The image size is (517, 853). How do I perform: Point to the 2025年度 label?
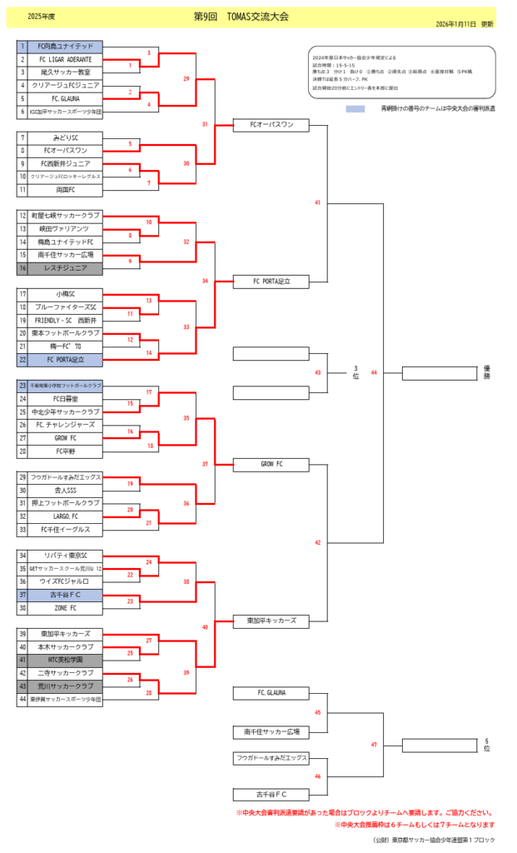41,17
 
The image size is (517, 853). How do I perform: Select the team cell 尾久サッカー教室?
66,72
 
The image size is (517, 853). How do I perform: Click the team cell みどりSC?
66,137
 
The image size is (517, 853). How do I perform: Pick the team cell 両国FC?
66,190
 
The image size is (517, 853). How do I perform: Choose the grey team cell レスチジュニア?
66,268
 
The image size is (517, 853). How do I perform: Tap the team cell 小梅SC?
66,294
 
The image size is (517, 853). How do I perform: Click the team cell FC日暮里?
66,399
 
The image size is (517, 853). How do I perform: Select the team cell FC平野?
66,451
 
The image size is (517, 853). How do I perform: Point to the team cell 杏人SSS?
66,491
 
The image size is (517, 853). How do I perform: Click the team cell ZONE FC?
66,608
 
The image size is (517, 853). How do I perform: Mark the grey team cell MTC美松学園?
66,660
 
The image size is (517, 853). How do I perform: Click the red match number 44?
374,372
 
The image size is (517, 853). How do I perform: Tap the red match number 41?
317,202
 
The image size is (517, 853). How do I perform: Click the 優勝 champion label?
487,372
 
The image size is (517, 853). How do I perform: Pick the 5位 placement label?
487,745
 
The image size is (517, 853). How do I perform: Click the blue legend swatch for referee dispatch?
355,108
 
